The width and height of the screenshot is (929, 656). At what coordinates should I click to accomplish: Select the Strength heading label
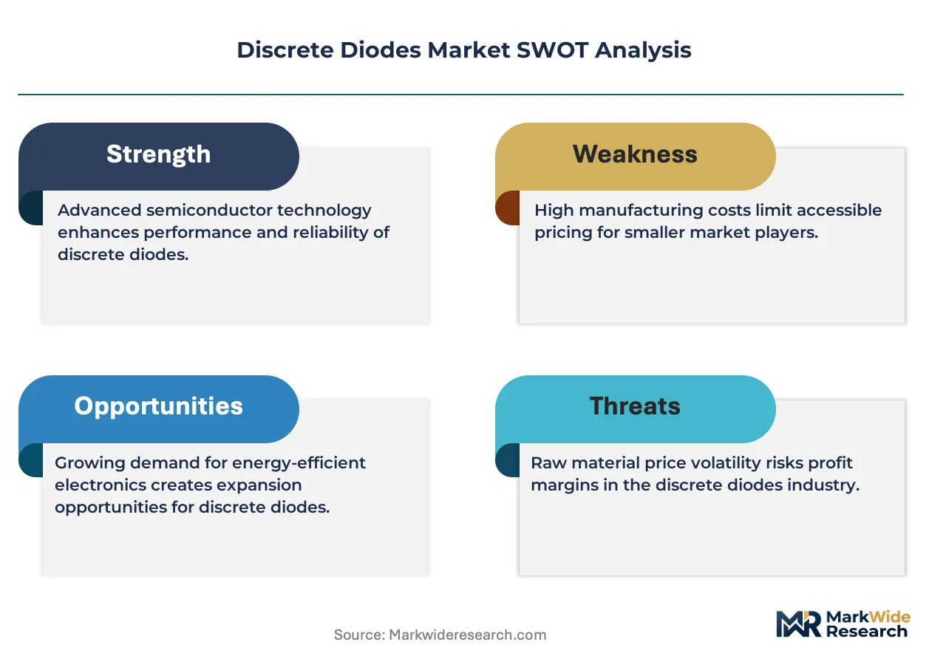pos(158,154)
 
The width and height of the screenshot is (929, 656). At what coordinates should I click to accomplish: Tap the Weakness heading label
pos(635,154)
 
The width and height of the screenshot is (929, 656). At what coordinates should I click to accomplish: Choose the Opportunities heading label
pos(158,406)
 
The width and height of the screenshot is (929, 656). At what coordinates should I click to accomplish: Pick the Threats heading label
pos(635,406)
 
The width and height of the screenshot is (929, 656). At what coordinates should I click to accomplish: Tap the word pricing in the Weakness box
pos(563,233)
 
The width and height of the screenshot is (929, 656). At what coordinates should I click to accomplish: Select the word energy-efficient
pos(299,463)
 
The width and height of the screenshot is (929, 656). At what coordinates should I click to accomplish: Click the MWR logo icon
pos(798,623)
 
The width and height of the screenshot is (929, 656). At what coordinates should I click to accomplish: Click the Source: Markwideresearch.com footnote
pos(440,635)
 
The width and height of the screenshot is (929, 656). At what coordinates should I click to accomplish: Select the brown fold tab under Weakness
pos(508,208)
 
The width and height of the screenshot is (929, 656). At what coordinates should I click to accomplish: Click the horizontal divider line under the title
pos(460,95)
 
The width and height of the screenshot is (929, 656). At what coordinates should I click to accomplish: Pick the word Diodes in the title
pos(381,50)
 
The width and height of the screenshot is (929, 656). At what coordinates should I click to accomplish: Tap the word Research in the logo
pos(867,632)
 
